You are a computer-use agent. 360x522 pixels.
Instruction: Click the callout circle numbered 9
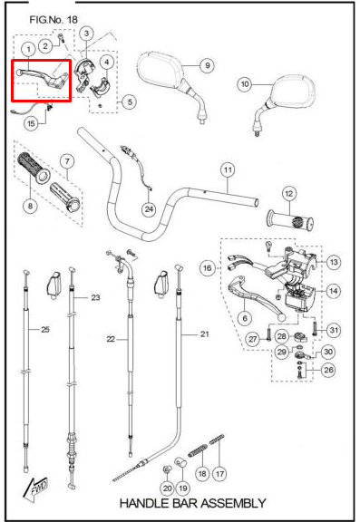click(x=207, y=65)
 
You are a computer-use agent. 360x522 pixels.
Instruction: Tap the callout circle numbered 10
click(x=245, y=84)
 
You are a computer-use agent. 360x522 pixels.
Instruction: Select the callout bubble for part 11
click(x=228, y=170)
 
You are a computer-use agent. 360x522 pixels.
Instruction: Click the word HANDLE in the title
click(x=144, y=503)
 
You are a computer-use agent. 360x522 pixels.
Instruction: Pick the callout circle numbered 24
click(x=149, y=209)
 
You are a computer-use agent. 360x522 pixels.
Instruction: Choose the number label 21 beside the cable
click(x=204, y=333)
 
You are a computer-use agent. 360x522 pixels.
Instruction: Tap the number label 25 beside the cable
click(x=45, y=330)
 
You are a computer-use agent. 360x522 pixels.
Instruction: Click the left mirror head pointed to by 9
click(x=161, y=72)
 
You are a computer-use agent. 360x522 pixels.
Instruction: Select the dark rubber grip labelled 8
click(x=34, y=169)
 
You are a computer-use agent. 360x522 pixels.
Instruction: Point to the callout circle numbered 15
click(x=31, y=123)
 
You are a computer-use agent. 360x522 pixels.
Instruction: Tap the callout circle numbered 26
click(x=328, y=370)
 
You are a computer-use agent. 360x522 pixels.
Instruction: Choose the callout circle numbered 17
click(x=219, y=473)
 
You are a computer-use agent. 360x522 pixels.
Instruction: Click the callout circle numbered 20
click(x=167, y=488)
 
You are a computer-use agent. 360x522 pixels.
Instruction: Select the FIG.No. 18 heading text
click(x=54, y=20)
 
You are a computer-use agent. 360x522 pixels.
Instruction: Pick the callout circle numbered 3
click(x=86, y=34)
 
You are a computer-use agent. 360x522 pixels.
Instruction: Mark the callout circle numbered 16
click(x=207, y=267)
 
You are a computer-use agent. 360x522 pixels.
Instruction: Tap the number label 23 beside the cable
click(x=95, y=297)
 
